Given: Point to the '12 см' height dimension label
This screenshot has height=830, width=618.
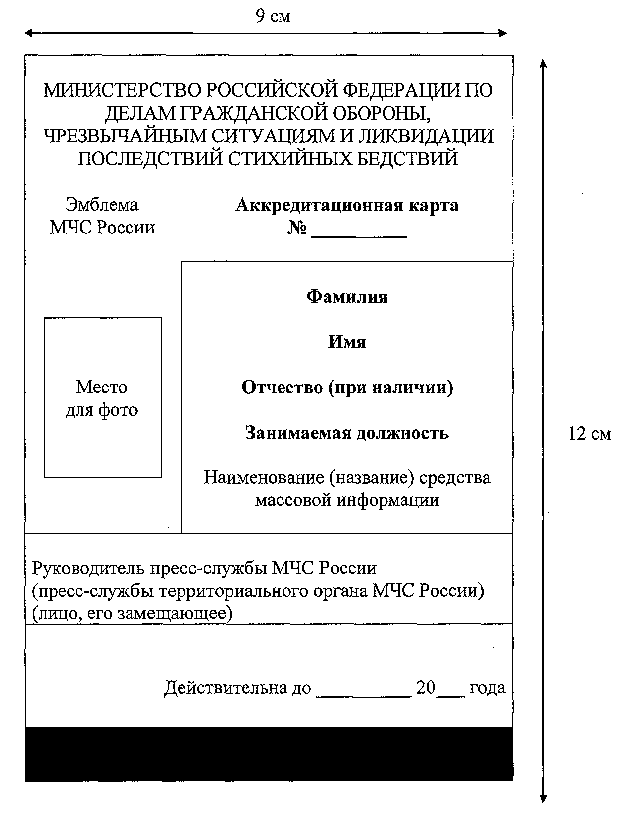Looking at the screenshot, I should coord(589,434).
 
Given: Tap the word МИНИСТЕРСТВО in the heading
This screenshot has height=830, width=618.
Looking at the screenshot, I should coord(122,90).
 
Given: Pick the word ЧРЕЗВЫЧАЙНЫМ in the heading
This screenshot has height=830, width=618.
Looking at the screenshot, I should coord(125,136).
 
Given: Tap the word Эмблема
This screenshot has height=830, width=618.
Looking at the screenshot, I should coord(102,205).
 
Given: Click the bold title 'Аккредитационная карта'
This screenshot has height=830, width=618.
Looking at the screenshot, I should coord(347,205).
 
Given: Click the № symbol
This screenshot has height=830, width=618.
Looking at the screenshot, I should coord(297,228).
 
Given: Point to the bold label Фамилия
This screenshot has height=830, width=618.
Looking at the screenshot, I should coord(347,297).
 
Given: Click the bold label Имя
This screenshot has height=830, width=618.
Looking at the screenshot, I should coord(347,342).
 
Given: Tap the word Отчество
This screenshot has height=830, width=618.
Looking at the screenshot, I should coord(282,388).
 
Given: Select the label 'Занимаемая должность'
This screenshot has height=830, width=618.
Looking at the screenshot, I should coord(347,433).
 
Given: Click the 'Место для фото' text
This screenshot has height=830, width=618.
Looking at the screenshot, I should coord(102,398).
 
